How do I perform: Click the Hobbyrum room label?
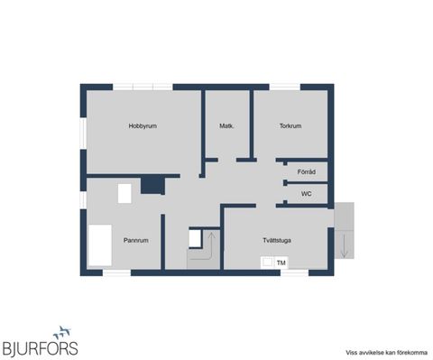tap(143, 126)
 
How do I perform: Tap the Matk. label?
tap(226, 126)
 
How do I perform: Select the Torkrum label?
tap(290, 126)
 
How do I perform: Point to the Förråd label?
tap(307, 172)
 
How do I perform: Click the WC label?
tap(306, 194)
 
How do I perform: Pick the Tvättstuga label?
tap(277, 240)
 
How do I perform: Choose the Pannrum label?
tap(136, 240)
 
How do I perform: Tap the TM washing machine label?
tap(281, 263)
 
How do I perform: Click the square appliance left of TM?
tap(267, 263)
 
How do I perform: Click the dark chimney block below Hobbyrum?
tap(152, 185)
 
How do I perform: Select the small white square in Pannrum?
tap(124, 193)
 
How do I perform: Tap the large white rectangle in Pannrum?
tap(100, 245)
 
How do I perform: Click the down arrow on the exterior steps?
tap(345, 246)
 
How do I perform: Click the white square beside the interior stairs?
tap(195, 238)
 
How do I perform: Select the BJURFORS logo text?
tap(41, 349)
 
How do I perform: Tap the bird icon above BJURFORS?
tap(62, 332)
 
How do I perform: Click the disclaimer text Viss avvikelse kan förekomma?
tap(386, 353)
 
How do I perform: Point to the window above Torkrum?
tap(285, 87)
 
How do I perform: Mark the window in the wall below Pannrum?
tap(116, 272)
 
